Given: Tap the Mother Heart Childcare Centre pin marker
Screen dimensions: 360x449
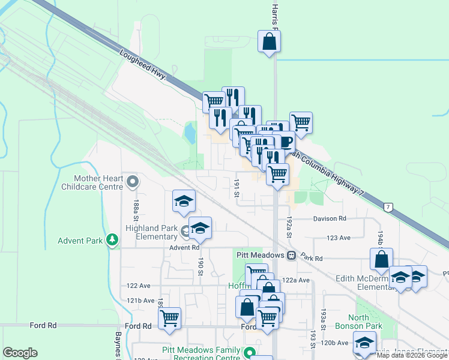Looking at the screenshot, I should click(x=133, y=181).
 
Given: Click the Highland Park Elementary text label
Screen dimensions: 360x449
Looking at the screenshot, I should click(x=151, y=232).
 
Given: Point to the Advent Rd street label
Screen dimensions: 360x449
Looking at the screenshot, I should click(x=184, y=247).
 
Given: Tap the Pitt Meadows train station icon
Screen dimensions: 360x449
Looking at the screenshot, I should click(x=291, y=255).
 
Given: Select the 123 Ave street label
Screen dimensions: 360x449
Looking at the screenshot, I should click(x=339, y=238).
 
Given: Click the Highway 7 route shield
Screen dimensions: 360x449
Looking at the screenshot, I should click(x=389, y=207).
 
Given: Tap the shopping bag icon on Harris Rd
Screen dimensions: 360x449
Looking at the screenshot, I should click(x=270, y=41).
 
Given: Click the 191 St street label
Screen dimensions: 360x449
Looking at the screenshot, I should click(x=237, y=187).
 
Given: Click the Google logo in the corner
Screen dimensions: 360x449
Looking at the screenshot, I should click(x=20, y=353).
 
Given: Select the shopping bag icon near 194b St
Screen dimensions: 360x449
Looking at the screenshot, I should click(x=381, y=259).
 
